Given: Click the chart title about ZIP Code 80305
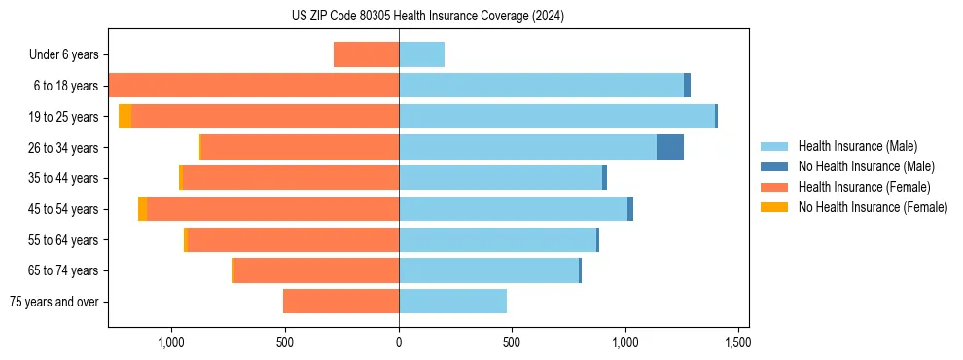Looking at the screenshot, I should pos(427,17).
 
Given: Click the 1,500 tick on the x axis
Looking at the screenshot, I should pos(737,342).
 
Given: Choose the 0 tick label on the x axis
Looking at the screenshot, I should pos(399,342).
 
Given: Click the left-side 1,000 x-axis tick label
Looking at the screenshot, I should pos(171,342).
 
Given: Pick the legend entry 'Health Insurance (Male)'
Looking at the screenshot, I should pos(857,146).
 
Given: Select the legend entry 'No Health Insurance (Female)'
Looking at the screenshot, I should pos(873,207).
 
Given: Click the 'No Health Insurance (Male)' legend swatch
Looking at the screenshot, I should pos(775,166).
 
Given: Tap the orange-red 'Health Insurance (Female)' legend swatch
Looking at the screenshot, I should pos(775,187).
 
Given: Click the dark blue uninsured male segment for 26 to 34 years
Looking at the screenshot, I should pos(670,147).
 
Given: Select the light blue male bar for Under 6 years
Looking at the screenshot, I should pos(421,54).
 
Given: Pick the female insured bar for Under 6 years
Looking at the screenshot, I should pos(366,54).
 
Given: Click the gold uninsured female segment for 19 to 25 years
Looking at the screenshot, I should pos(125,116).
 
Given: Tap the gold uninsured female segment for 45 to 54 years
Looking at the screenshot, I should pos(142,208).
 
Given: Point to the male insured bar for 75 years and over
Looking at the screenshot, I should pos(452,302).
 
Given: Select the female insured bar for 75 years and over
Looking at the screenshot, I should pos(340,302).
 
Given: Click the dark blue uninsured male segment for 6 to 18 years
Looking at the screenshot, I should pos(687,86).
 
